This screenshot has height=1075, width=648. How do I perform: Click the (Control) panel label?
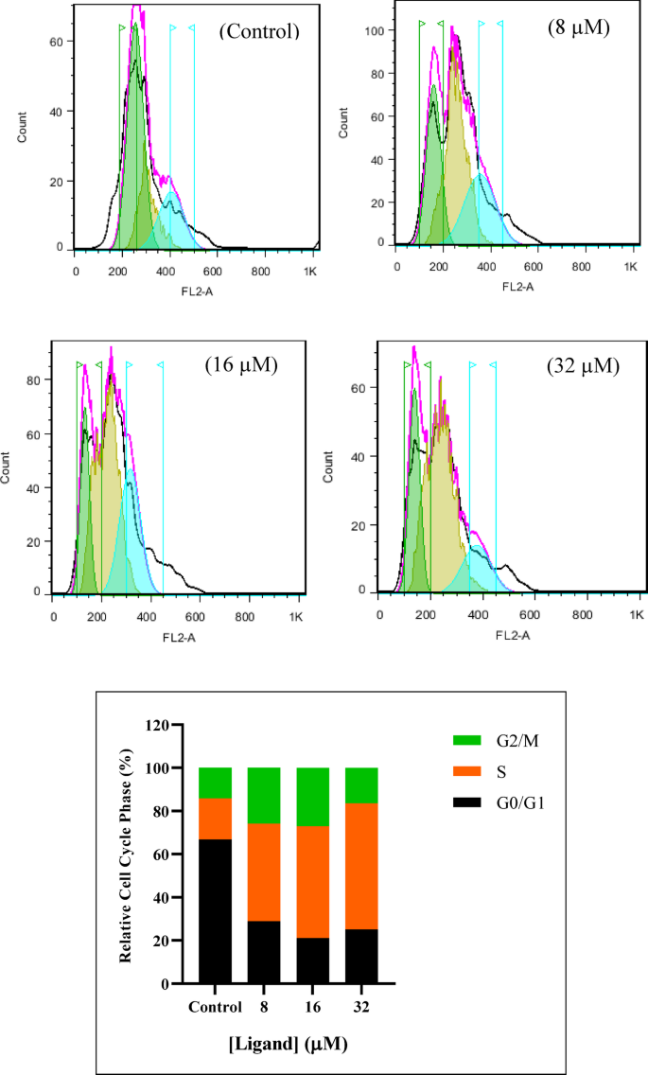click(x=258, y=31)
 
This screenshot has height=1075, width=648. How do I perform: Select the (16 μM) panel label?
click(x=240, y=365)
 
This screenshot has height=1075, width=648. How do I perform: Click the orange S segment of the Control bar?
click(x=215, y=819)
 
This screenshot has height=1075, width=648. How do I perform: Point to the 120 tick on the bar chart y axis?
click(x=175, y=725)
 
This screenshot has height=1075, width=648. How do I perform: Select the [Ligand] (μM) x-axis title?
click(x=289, y=1043)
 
